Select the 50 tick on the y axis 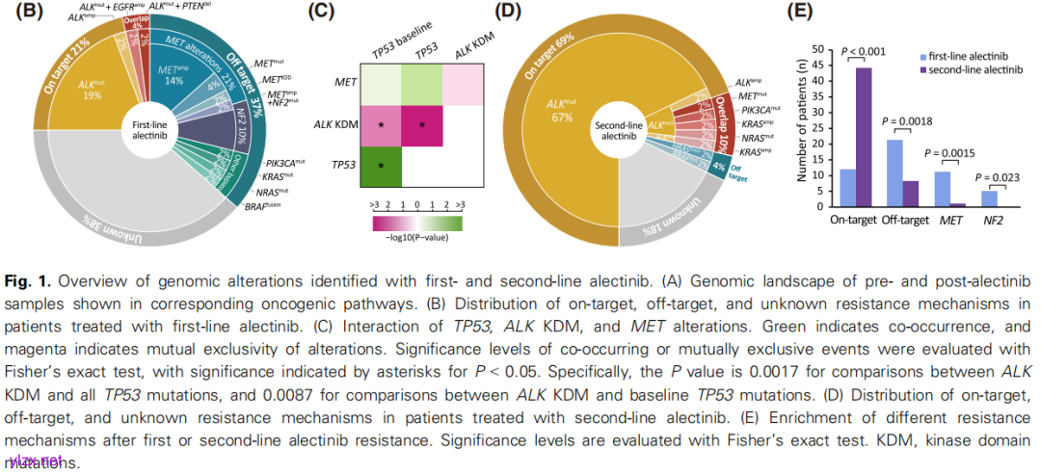818,48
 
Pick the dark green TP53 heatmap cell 381,166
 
